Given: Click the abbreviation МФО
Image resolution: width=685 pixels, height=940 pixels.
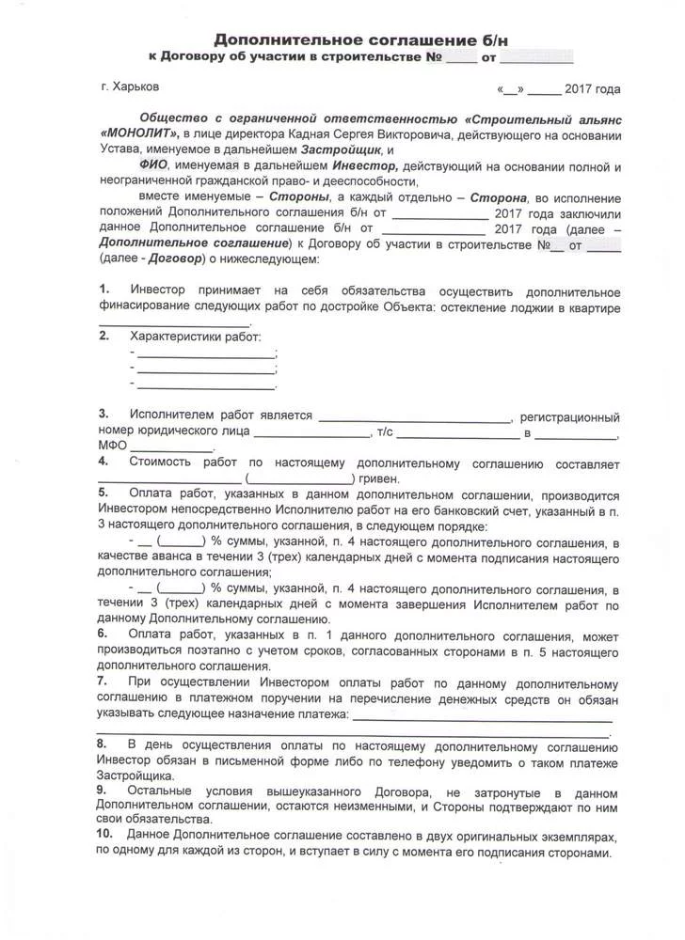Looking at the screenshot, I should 113,447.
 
